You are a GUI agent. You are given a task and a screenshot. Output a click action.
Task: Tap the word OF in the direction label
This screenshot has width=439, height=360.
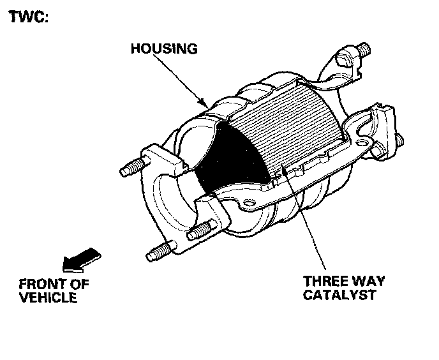click(x=78, y=283)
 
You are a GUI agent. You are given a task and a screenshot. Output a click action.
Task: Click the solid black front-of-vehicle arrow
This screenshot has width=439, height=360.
click(x=79, y=259)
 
